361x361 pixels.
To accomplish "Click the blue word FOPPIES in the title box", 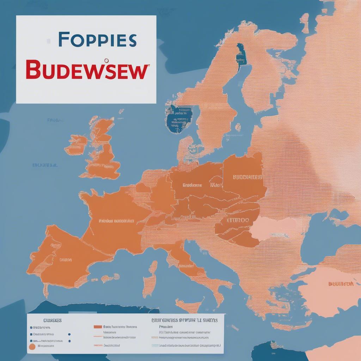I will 97,40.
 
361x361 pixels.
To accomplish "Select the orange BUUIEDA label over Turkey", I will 341,284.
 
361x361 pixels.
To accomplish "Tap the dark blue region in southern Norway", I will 179,118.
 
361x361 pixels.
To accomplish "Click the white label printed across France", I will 116,221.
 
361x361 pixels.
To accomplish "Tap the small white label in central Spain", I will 66,260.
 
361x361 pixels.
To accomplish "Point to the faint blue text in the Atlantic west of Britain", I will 45,165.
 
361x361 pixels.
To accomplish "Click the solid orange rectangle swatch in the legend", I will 98,327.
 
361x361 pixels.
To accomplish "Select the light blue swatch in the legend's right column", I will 155,346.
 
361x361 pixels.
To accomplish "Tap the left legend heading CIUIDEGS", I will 52,320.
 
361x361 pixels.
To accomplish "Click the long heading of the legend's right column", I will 184,320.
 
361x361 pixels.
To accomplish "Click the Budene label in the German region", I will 192,185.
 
